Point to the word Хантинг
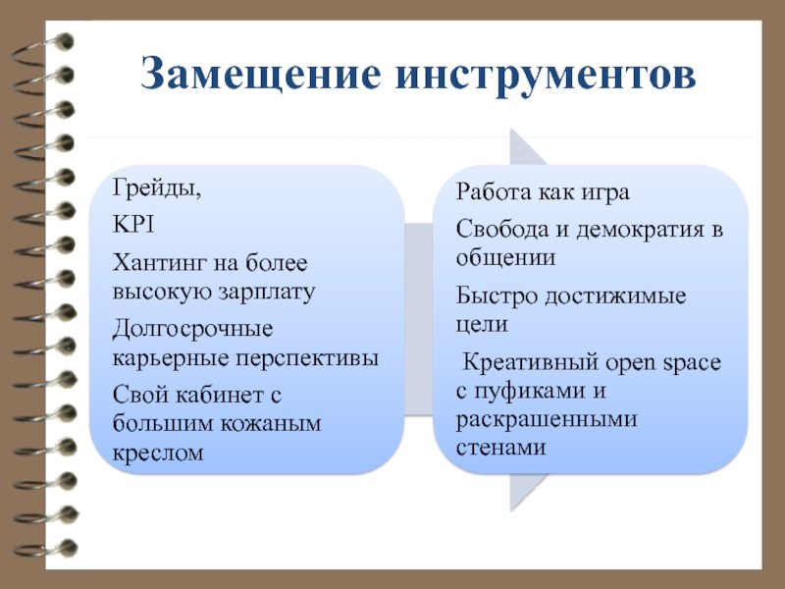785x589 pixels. click(x=159, y=263)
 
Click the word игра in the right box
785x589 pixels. click(x=602, y=192)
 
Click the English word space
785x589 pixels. click(x=692, y=363)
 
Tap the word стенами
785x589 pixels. click(x=500, y=447)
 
